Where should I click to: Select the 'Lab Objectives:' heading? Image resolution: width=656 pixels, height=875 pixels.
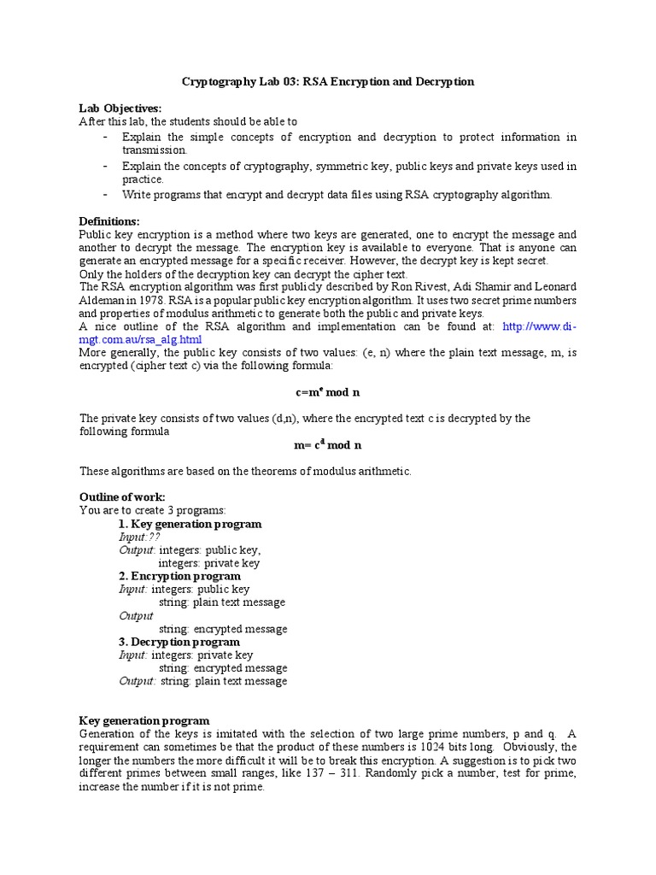coord(120,109)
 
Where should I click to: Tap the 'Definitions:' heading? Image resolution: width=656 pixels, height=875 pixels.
coord(109,221)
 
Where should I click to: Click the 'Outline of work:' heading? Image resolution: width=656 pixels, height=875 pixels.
coord(122,497)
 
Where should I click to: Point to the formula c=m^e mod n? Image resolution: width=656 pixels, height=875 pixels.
coord(328,392)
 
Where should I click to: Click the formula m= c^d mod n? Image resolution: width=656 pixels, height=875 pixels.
coord(328,444)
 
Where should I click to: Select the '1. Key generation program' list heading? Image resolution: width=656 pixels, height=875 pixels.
coord(190,524)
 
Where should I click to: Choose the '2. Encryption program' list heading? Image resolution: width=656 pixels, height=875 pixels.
coord(179,576)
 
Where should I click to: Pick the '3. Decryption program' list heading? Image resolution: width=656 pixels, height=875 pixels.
coord(179,642)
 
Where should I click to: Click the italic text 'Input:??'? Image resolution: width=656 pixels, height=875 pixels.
coord(139,537)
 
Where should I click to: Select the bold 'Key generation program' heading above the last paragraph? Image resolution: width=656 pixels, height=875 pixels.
coord(144,721)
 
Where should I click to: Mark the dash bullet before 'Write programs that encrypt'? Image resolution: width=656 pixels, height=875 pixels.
coord(104,194)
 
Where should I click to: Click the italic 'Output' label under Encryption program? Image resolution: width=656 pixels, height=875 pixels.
coord(137,615)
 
